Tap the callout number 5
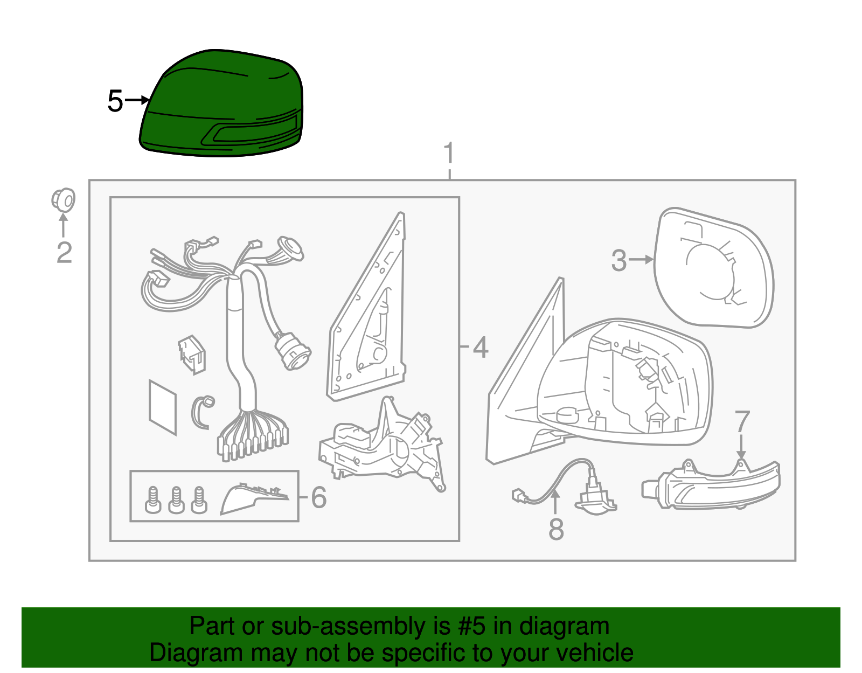click(115, 101)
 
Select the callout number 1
click(449, 152)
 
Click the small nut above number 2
click(63, 199)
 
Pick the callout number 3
click(619, 261)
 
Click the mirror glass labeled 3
click(713, 268)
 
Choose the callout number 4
click(481, 348)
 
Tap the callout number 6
click(318, 497)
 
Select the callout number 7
click(742, 421)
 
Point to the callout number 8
click(556, 529)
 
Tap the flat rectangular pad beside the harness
click(163, 407)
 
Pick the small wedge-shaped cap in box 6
click(254, 498)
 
